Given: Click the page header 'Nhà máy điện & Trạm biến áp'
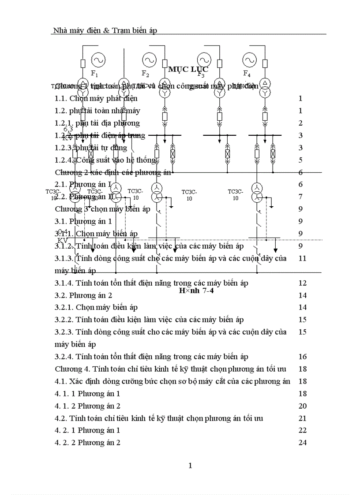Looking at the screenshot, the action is tap(105, 30).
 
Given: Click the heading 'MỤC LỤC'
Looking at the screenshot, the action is tap(188, 69).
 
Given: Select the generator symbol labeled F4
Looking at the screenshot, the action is tap(249, 59).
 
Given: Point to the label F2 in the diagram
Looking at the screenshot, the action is tap(145, 73).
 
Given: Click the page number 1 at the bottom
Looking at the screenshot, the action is tap(190, 465).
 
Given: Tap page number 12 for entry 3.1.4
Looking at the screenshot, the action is tap(302, 283).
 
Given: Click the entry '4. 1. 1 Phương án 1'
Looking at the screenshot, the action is tap(87, 393).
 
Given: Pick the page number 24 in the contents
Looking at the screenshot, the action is tap(302, 443).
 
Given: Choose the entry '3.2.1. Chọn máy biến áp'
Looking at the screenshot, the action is tap(96, 307).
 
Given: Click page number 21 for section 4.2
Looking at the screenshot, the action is tap(302, 418).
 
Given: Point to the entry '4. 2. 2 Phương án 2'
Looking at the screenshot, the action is tap(87, 443).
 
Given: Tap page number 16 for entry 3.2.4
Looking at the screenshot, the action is tap(302, 357).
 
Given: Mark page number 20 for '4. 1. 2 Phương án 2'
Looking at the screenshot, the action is tap(302, 406).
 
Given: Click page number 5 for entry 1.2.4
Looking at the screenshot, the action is tap(300, 160).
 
